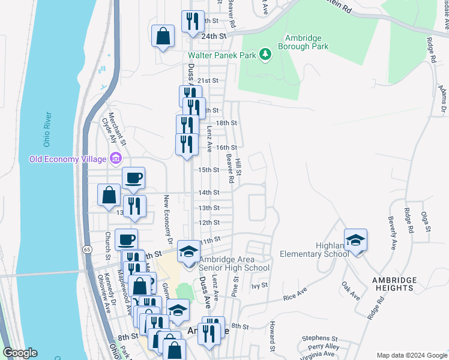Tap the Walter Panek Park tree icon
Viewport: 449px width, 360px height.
pyautogui.click(x=265, y=55)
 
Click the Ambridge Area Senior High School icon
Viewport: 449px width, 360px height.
pyautogui.click(x=188, y=251)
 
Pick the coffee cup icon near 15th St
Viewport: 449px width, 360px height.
pyautogui.click(x=133, y=177)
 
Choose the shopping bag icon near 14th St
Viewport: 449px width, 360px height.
pyautogui.click(x=109, y=194)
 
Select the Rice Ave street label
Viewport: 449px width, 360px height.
pyautogui.click(x=295, y=296)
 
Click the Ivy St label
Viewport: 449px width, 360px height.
pyautogui.click(x=259, y=286)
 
